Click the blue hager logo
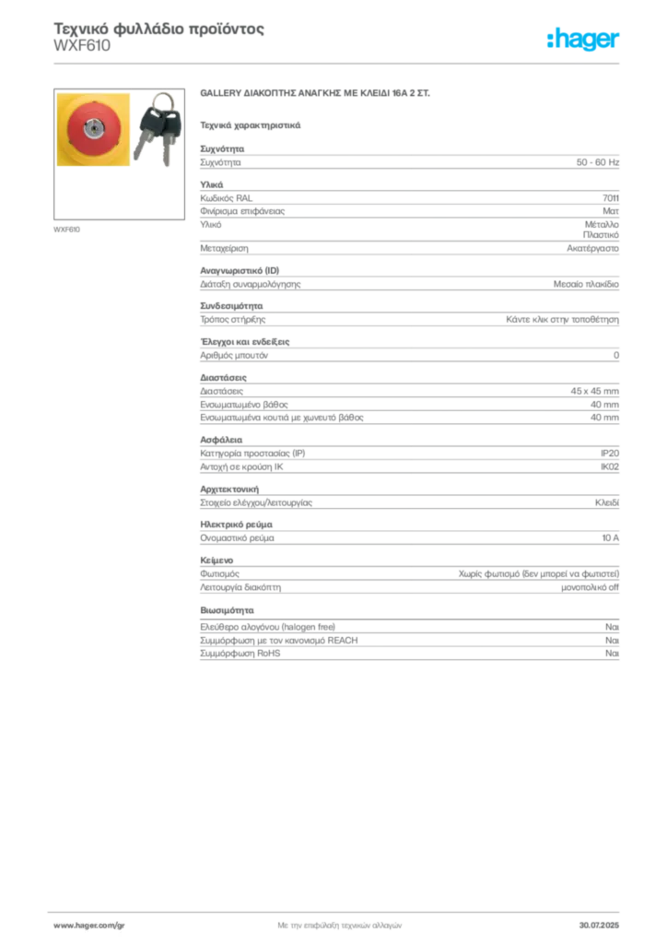coord(584,40)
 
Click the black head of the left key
coord(148,120)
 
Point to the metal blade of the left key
coord(141,149)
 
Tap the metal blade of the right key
coord(167,155)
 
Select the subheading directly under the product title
coord(251,123)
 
